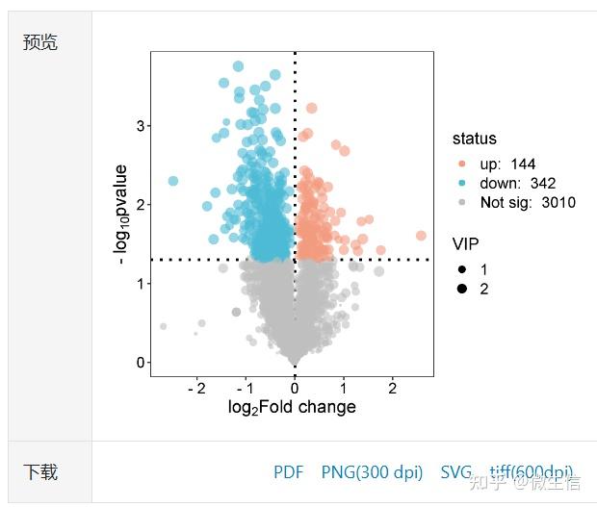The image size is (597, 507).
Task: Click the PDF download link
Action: coord(288,471)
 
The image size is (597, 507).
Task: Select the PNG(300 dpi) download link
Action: coord(372,471)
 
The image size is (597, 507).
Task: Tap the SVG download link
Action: coord(456,471)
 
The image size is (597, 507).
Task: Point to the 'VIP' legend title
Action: coord(466,243)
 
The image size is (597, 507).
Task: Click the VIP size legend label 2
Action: coord(483,289)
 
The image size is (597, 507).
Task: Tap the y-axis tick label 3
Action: coord(140,126)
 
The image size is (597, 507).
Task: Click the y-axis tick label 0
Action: coord(140,363)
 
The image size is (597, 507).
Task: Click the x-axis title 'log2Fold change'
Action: coord(292,408)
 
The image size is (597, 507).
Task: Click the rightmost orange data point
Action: coord(421,236)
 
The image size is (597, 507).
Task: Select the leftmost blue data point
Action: coord(173,181)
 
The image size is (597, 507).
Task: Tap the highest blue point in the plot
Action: coord(238,66)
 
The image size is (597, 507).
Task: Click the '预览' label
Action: coord(40,42)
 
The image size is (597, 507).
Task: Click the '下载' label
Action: coord(40,471)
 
